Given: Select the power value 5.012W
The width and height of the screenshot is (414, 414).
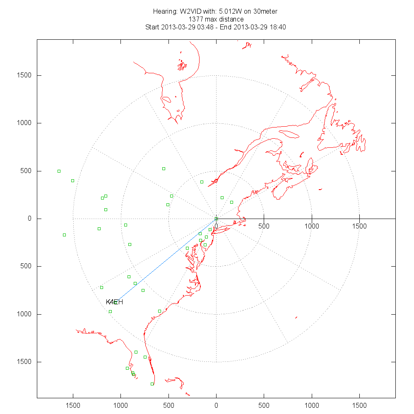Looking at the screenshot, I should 227,11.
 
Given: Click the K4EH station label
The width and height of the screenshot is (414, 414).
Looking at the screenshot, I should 114,302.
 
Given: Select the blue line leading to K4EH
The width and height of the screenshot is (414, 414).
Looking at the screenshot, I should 166,260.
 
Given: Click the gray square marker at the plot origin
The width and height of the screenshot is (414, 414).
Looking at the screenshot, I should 216,219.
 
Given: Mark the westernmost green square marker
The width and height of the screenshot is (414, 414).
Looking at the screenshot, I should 59,171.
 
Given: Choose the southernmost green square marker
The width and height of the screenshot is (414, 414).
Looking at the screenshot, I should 152,384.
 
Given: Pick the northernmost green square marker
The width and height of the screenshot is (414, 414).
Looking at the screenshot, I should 164,168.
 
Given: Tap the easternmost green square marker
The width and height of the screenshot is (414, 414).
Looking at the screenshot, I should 231,202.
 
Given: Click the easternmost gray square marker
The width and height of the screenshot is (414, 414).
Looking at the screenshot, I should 341,144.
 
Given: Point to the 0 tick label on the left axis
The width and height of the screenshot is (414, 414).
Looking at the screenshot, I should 29,219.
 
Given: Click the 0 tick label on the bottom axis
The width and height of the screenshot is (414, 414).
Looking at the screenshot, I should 216,404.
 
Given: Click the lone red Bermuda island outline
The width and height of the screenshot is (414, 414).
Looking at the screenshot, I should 296,318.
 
